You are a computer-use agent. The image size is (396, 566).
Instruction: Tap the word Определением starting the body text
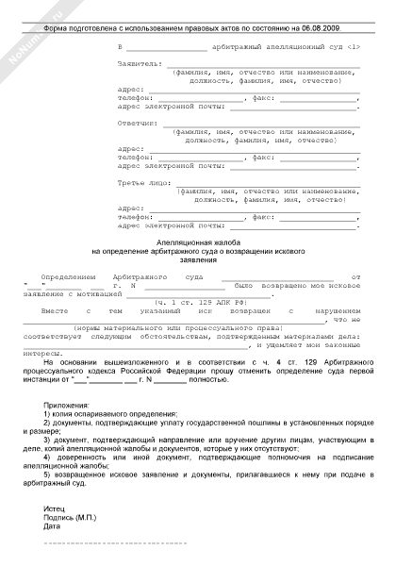[69, 278]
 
